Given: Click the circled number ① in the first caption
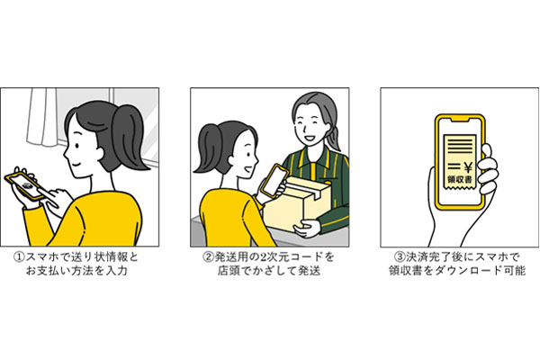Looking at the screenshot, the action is pyautogui.click(x=19, y=257).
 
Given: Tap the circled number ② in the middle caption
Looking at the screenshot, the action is pyautogui.click(x=207, y=257).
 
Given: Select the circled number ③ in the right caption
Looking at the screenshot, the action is pyautogui.click(x=399, y=257).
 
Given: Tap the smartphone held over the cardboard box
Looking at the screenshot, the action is pyautogui.click(x=274, y=180).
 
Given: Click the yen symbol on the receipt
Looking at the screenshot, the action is pyautogui.click(x=468, y=167).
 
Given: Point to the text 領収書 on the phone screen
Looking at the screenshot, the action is pyautogui.click(x=460, y=179).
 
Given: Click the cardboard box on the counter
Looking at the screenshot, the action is pyautogui.click(x=296, y=203).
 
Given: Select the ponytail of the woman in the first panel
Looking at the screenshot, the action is pyautogui.click(x=129, y=138).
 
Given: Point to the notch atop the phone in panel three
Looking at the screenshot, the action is pyautogui.click(x=460, y=119).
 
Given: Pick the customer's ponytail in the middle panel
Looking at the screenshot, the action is pyautogui.click(x=206, y=150).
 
